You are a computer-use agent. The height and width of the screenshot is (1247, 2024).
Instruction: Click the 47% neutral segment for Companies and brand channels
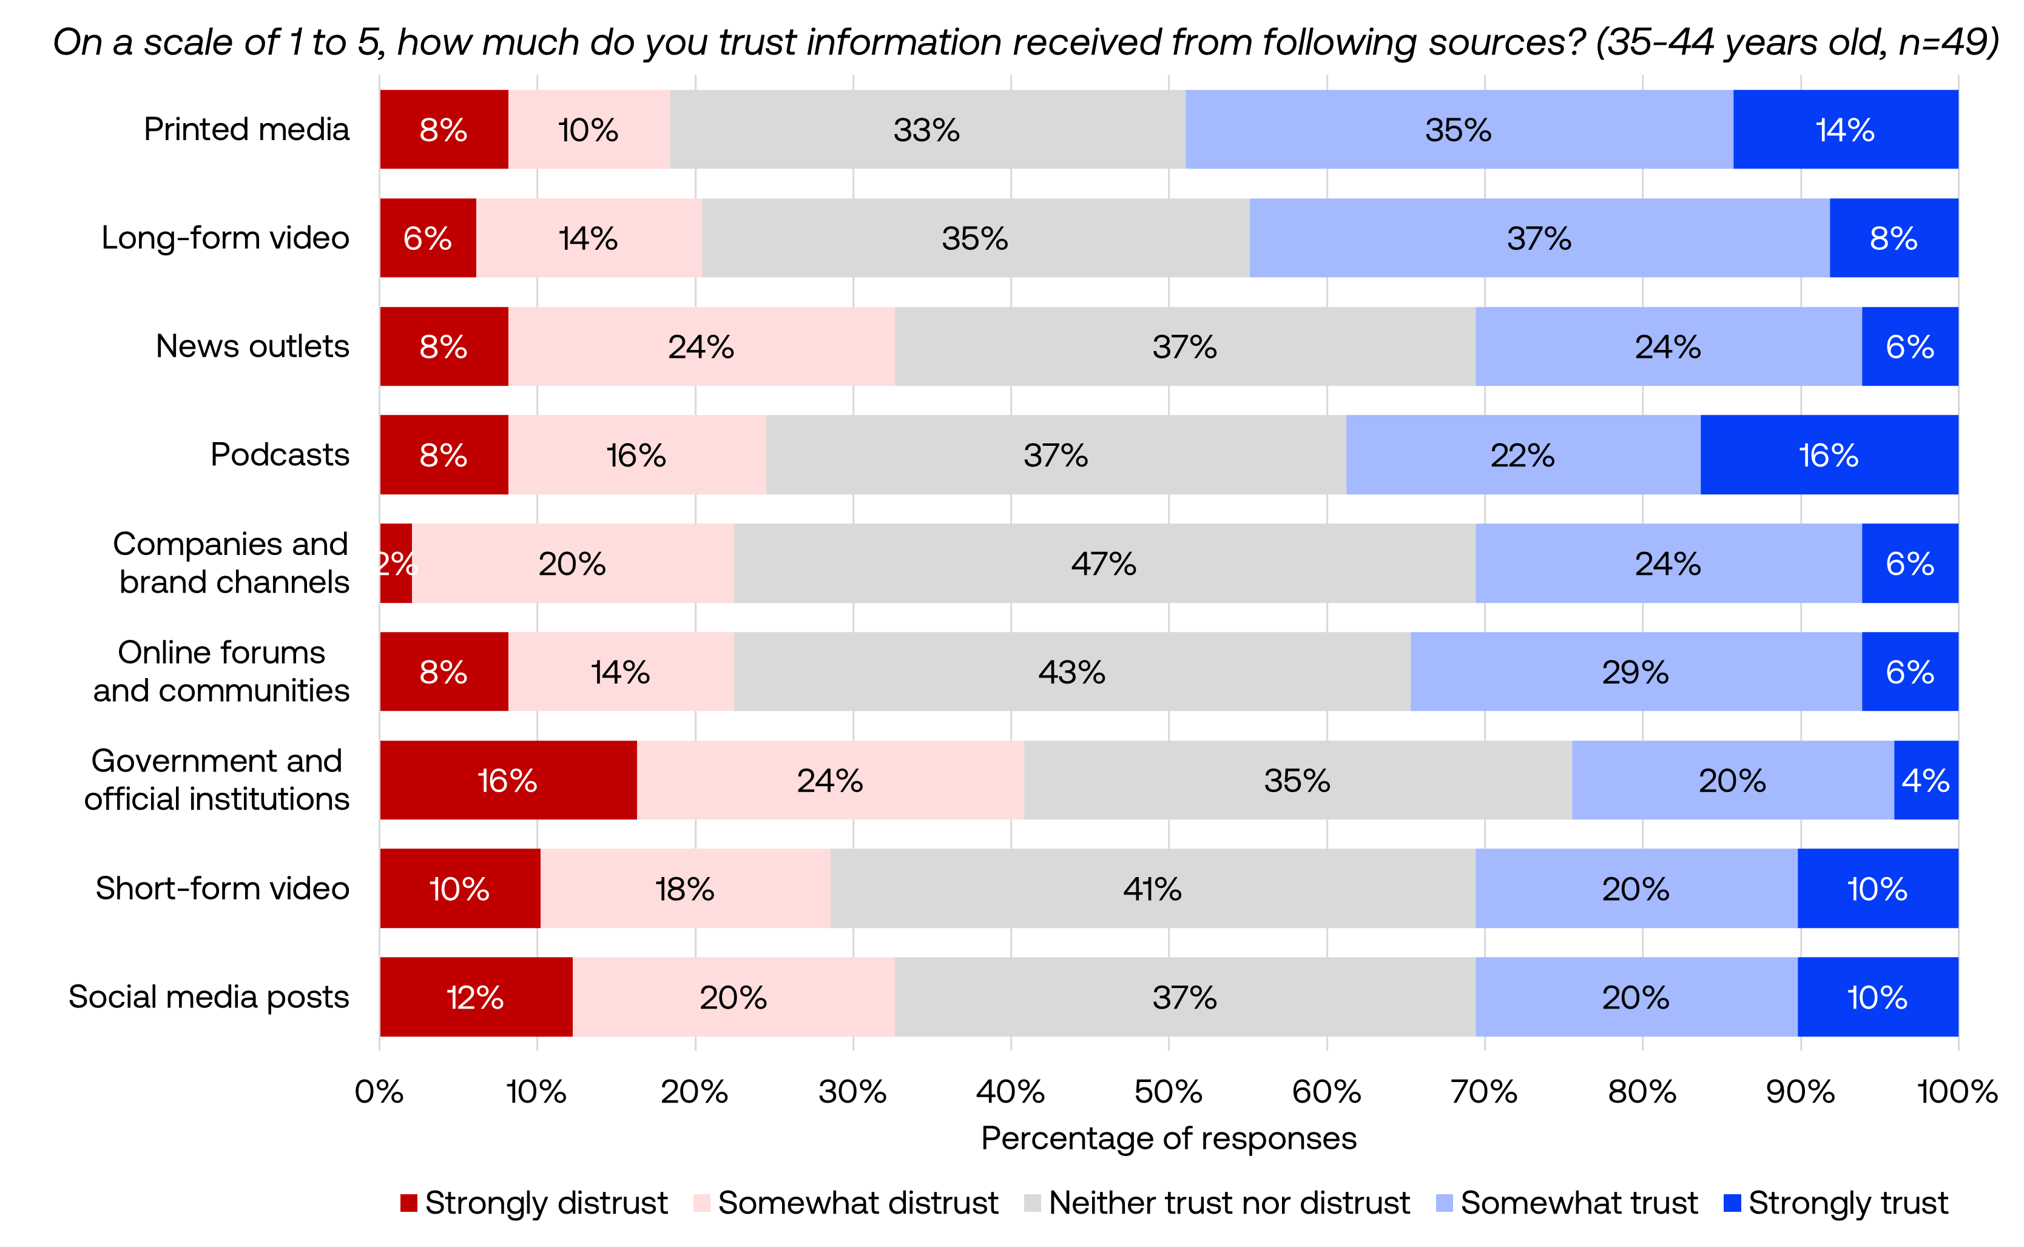(x=1104, y=563)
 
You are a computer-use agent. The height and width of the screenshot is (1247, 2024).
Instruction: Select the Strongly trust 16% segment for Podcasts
(x=1829, y=454)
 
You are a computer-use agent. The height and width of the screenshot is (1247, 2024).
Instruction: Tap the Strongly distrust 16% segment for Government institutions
(x=507, y=780)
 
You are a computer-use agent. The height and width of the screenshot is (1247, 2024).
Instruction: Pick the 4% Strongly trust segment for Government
(x=1926, y=780)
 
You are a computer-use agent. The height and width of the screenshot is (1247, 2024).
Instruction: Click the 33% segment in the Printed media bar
(x=926, y=129)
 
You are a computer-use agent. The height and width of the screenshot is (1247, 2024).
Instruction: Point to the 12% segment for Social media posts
(x=475, y=997)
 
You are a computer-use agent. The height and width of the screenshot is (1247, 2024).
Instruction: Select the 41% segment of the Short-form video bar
(x=1152, y=888)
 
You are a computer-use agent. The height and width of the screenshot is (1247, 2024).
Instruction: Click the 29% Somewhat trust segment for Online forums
(x=1636, y=671)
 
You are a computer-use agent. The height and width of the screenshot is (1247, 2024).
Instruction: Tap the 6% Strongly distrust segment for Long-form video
(x=427, y=238)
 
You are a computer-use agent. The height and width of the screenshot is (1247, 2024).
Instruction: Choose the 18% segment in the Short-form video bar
(x=684, y=888)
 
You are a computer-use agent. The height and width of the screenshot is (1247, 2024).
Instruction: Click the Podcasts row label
(x=280, y=454)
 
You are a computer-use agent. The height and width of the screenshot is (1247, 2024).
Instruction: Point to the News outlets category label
(x=252, y=346)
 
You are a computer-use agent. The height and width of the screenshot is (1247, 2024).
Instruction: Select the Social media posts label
(x=209, y=997)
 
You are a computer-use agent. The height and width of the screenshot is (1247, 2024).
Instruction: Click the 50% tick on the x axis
(x=1168, y=1092)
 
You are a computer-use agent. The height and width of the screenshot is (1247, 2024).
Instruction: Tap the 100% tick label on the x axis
(x=1957, y=1092)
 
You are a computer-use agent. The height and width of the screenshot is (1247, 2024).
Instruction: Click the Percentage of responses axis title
(x=1168, y=1138)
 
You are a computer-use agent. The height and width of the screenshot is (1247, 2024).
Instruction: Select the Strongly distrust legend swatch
(x=408, y=1203)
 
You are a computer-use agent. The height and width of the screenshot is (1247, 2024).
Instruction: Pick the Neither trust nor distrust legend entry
(x=1229, y=1203)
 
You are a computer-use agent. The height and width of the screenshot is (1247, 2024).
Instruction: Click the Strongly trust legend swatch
(x=1732, y=1203)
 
